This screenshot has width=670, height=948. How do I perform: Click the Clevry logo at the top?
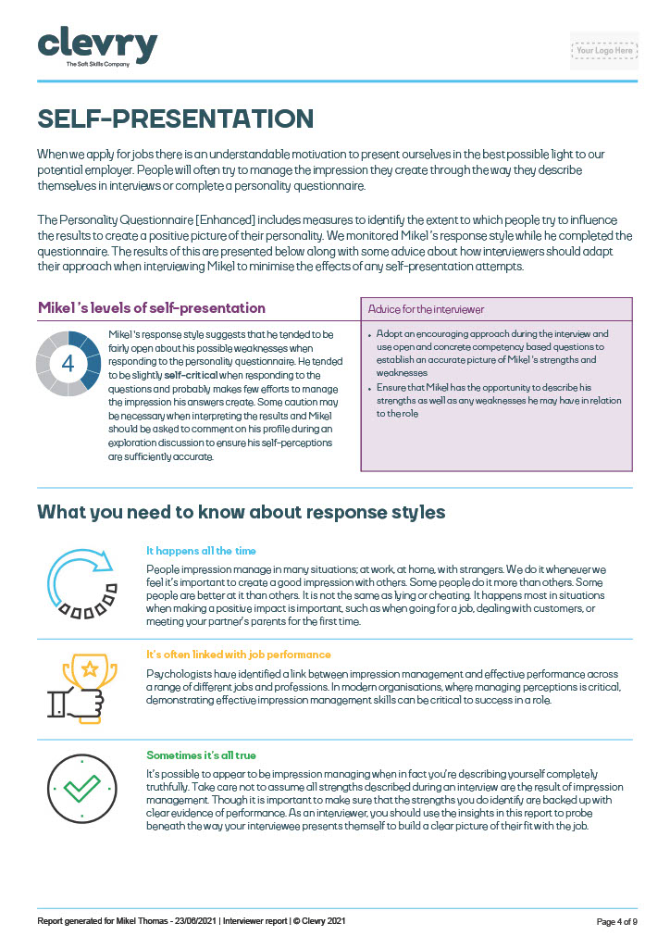pos(96,44)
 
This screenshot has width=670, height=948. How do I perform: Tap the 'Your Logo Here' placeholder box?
pos(604,51)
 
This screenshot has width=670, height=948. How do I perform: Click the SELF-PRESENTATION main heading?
pos(175,119)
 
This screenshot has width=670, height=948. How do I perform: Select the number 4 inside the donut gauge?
pos(68,363)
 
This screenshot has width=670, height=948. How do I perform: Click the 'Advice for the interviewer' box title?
pos(426,309)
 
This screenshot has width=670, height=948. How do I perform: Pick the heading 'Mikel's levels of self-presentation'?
pos(151,307)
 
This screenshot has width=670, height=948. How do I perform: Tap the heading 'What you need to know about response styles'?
pos(241,512)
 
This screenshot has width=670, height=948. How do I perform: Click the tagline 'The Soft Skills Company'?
pos(96,64)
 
